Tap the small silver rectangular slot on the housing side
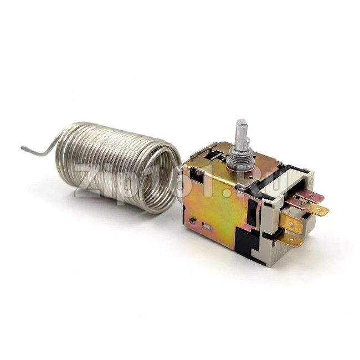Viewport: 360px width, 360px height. (207, 226)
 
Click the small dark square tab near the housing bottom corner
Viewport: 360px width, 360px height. (192, 220)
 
